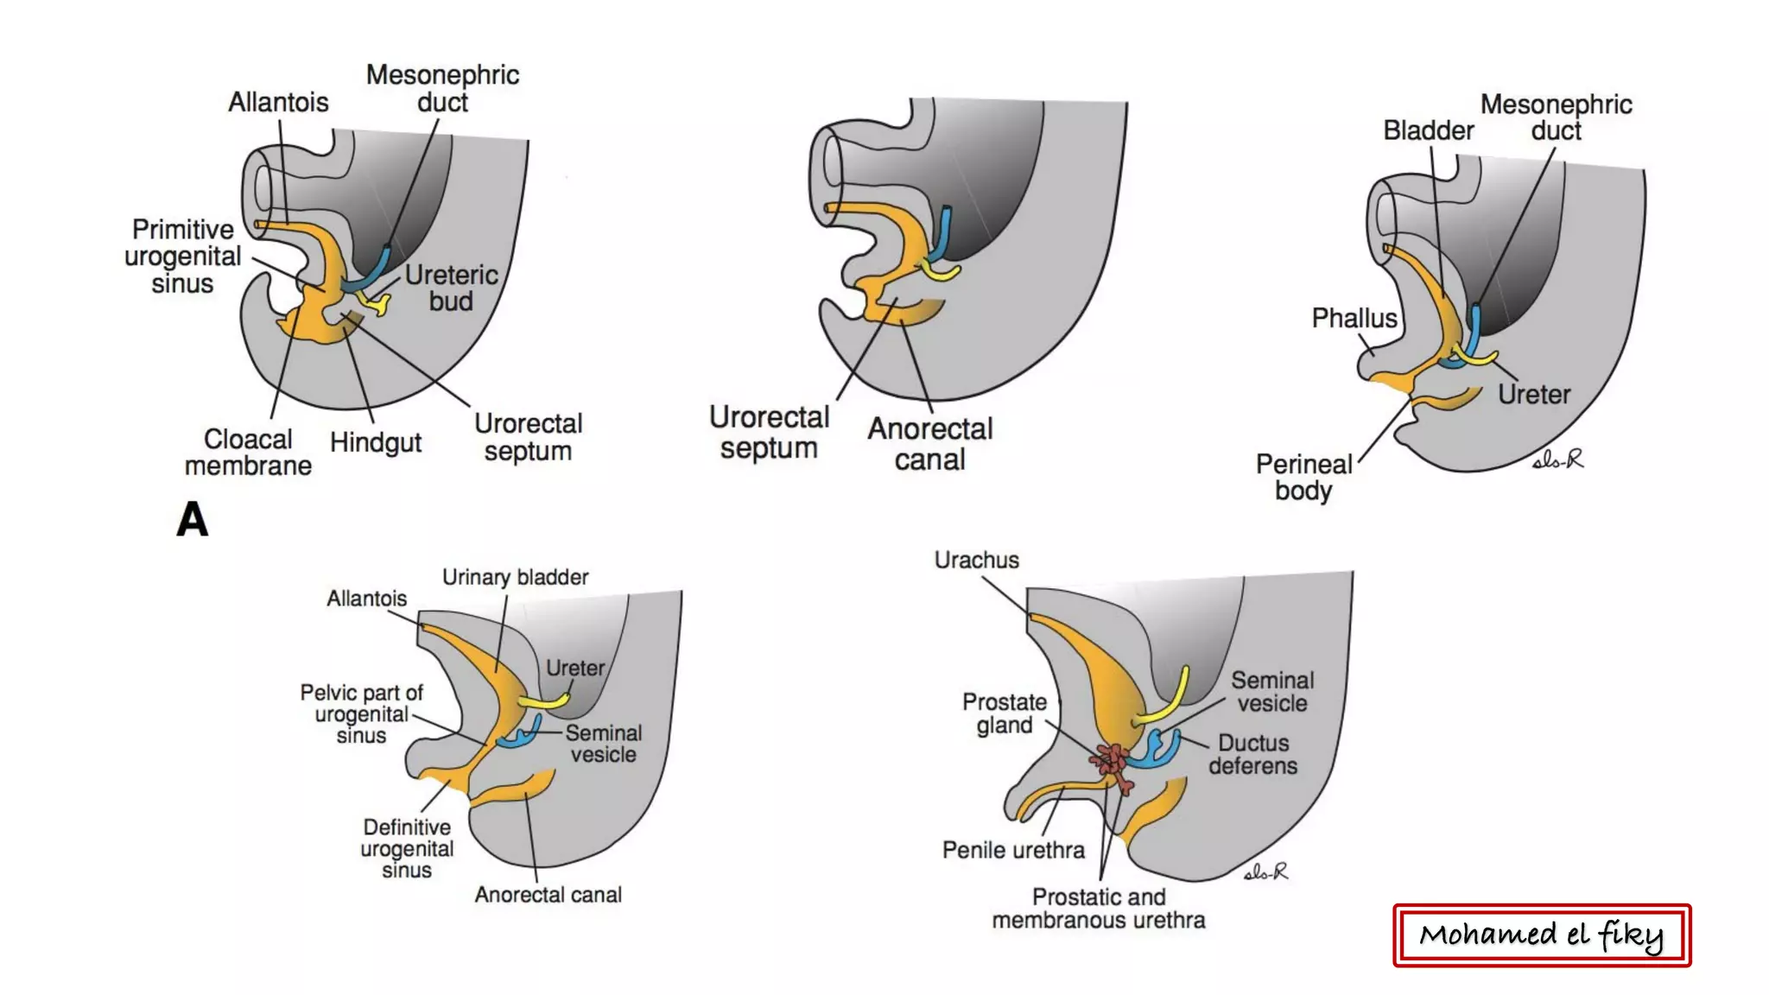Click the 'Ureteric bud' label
coord(451,288)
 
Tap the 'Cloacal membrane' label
coord(248,452)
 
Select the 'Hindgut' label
coord(375,442)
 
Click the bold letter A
coord(193,519)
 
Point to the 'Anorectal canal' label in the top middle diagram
coord(929,444)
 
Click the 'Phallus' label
coord(1354,318)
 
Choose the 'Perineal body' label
coord(1303,477)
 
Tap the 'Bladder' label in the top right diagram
coord(1428,130)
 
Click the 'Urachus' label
coord(976,560)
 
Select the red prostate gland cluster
coord(1113,763)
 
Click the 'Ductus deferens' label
coord(1252,754)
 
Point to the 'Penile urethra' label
coord(1013,850)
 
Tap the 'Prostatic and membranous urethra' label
coord(1098,909)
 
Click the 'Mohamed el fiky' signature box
coord(1541,935)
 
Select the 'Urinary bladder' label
coord(515,577)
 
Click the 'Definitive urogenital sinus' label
coord(406,848)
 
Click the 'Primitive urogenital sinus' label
coord(182,257)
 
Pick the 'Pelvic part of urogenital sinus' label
coord(361,713)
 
